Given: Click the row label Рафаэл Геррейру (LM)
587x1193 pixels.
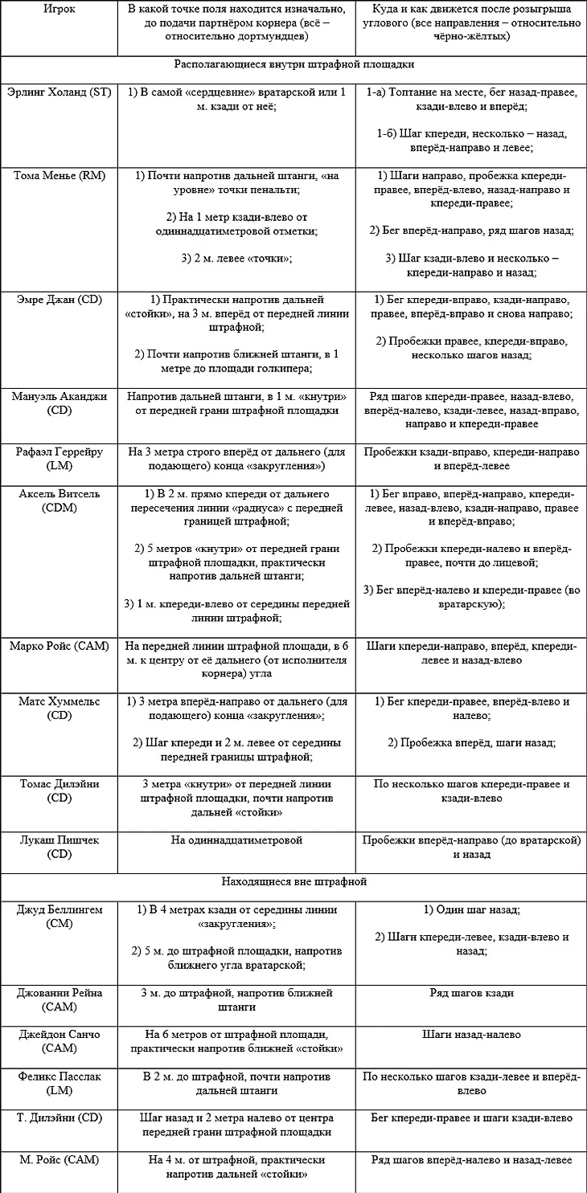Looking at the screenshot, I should (59, 458).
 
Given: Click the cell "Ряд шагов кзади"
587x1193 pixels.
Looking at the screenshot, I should (471, 993).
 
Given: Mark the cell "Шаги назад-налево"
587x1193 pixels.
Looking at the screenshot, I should (471, 1035).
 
